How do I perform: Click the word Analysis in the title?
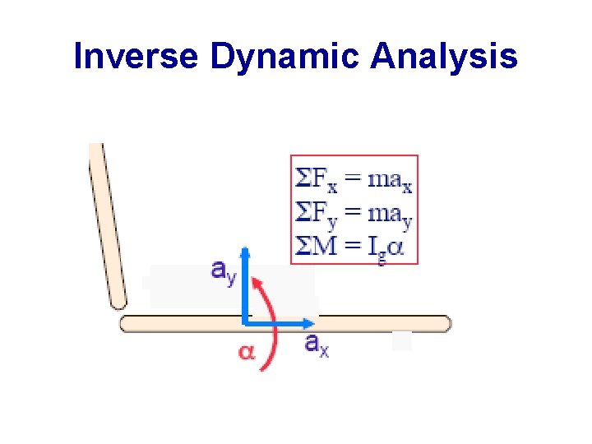[x=445, y=57]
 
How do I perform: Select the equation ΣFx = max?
[x=354, y=178]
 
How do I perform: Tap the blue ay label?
[x=224, y=271]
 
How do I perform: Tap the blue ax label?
[x=317, y=344]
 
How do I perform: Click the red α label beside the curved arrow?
[x=246, y=352]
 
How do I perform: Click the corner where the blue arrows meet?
[x=245, y=323]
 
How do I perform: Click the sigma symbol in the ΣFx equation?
[x=303, y=178]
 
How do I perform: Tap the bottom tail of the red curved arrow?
[x=262, y=369]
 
